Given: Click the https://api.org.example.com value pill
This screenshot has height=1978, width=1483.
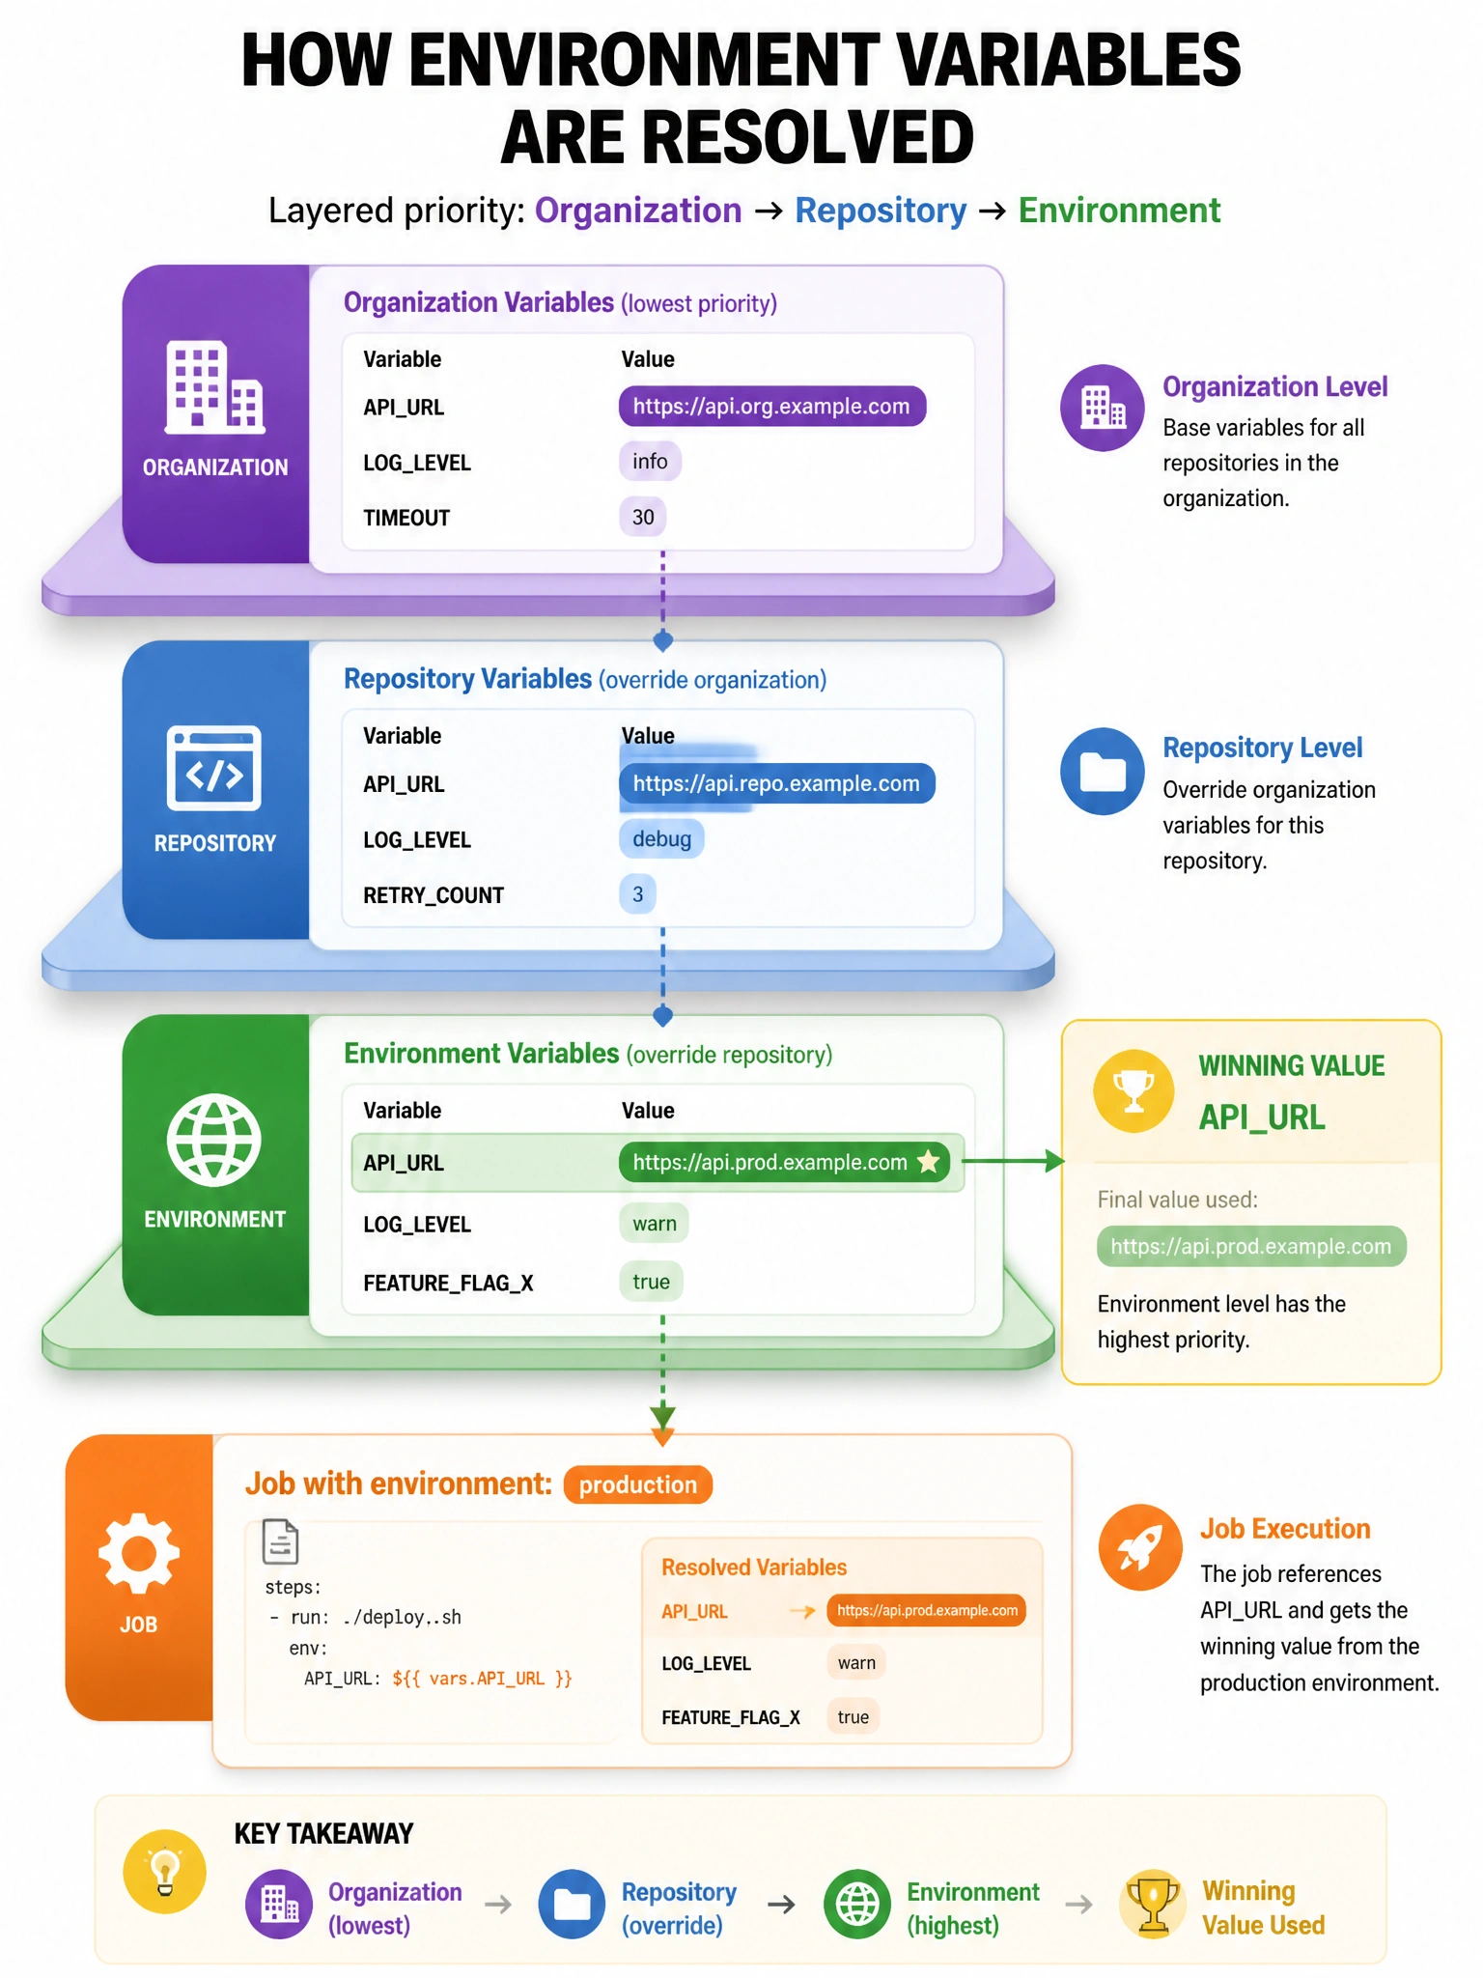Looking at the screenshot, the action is pos(771,407).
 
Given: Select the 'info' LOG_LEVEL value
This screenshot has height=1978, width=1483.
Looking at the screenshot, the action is pos(650,462).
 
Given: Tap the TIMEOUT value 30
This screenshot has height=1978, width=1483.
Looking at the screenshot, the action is pos(643,517).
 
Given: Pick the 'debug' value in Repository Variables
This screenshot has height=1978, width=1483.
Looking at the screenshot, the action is pos(661,838).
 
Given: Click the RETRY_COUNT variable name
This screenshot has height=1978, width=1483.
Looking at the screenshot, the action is pos(434,895).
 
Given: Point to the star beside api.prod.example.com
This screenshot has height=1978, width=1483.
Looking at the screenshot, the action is pos(928,1161).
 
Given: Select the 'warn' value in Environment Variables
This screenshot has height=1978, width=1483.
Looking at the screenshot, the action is pos(654,1224).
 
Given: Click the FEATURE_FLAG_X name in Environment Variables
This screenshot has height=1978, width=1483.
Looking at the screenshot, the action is pos(448,1283).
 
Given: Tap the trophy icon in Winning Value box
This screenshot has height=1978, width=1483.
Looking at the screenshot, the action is pos(1133,1090).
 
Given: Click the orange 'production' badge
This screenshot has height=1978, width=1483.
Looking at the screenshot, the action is pos(638,1484).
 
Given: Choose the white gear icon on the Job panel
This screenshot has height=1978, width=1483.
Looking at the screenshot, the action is pos(139,1553).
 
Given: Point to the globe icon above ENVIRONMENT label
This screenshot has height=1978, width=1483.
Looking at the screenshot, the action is pos(214,1140).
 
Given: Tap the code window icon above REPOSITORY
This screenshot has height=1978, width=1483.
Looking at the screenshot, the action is pos(214,768).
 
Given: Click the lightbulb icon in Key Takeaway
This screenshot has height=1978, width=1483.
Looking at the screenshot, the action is pos(165,1872).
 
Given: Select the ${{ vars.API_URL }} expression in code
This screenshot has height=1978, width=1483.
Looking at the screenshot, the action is pos(482,1679).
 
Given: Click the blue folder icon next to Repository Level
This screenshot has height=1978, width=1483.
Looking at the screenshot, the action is pos(1103,771).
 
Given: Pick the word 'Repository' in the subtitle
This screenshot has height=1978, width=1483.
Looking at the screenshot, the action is pos(881,211).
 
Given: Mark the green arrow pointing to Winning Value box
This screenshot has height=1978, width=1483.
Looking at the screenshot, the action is pos(1014,1161).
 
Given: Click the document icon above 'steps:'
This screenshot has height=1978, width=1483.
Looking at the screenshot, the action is pos(280,1541).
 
